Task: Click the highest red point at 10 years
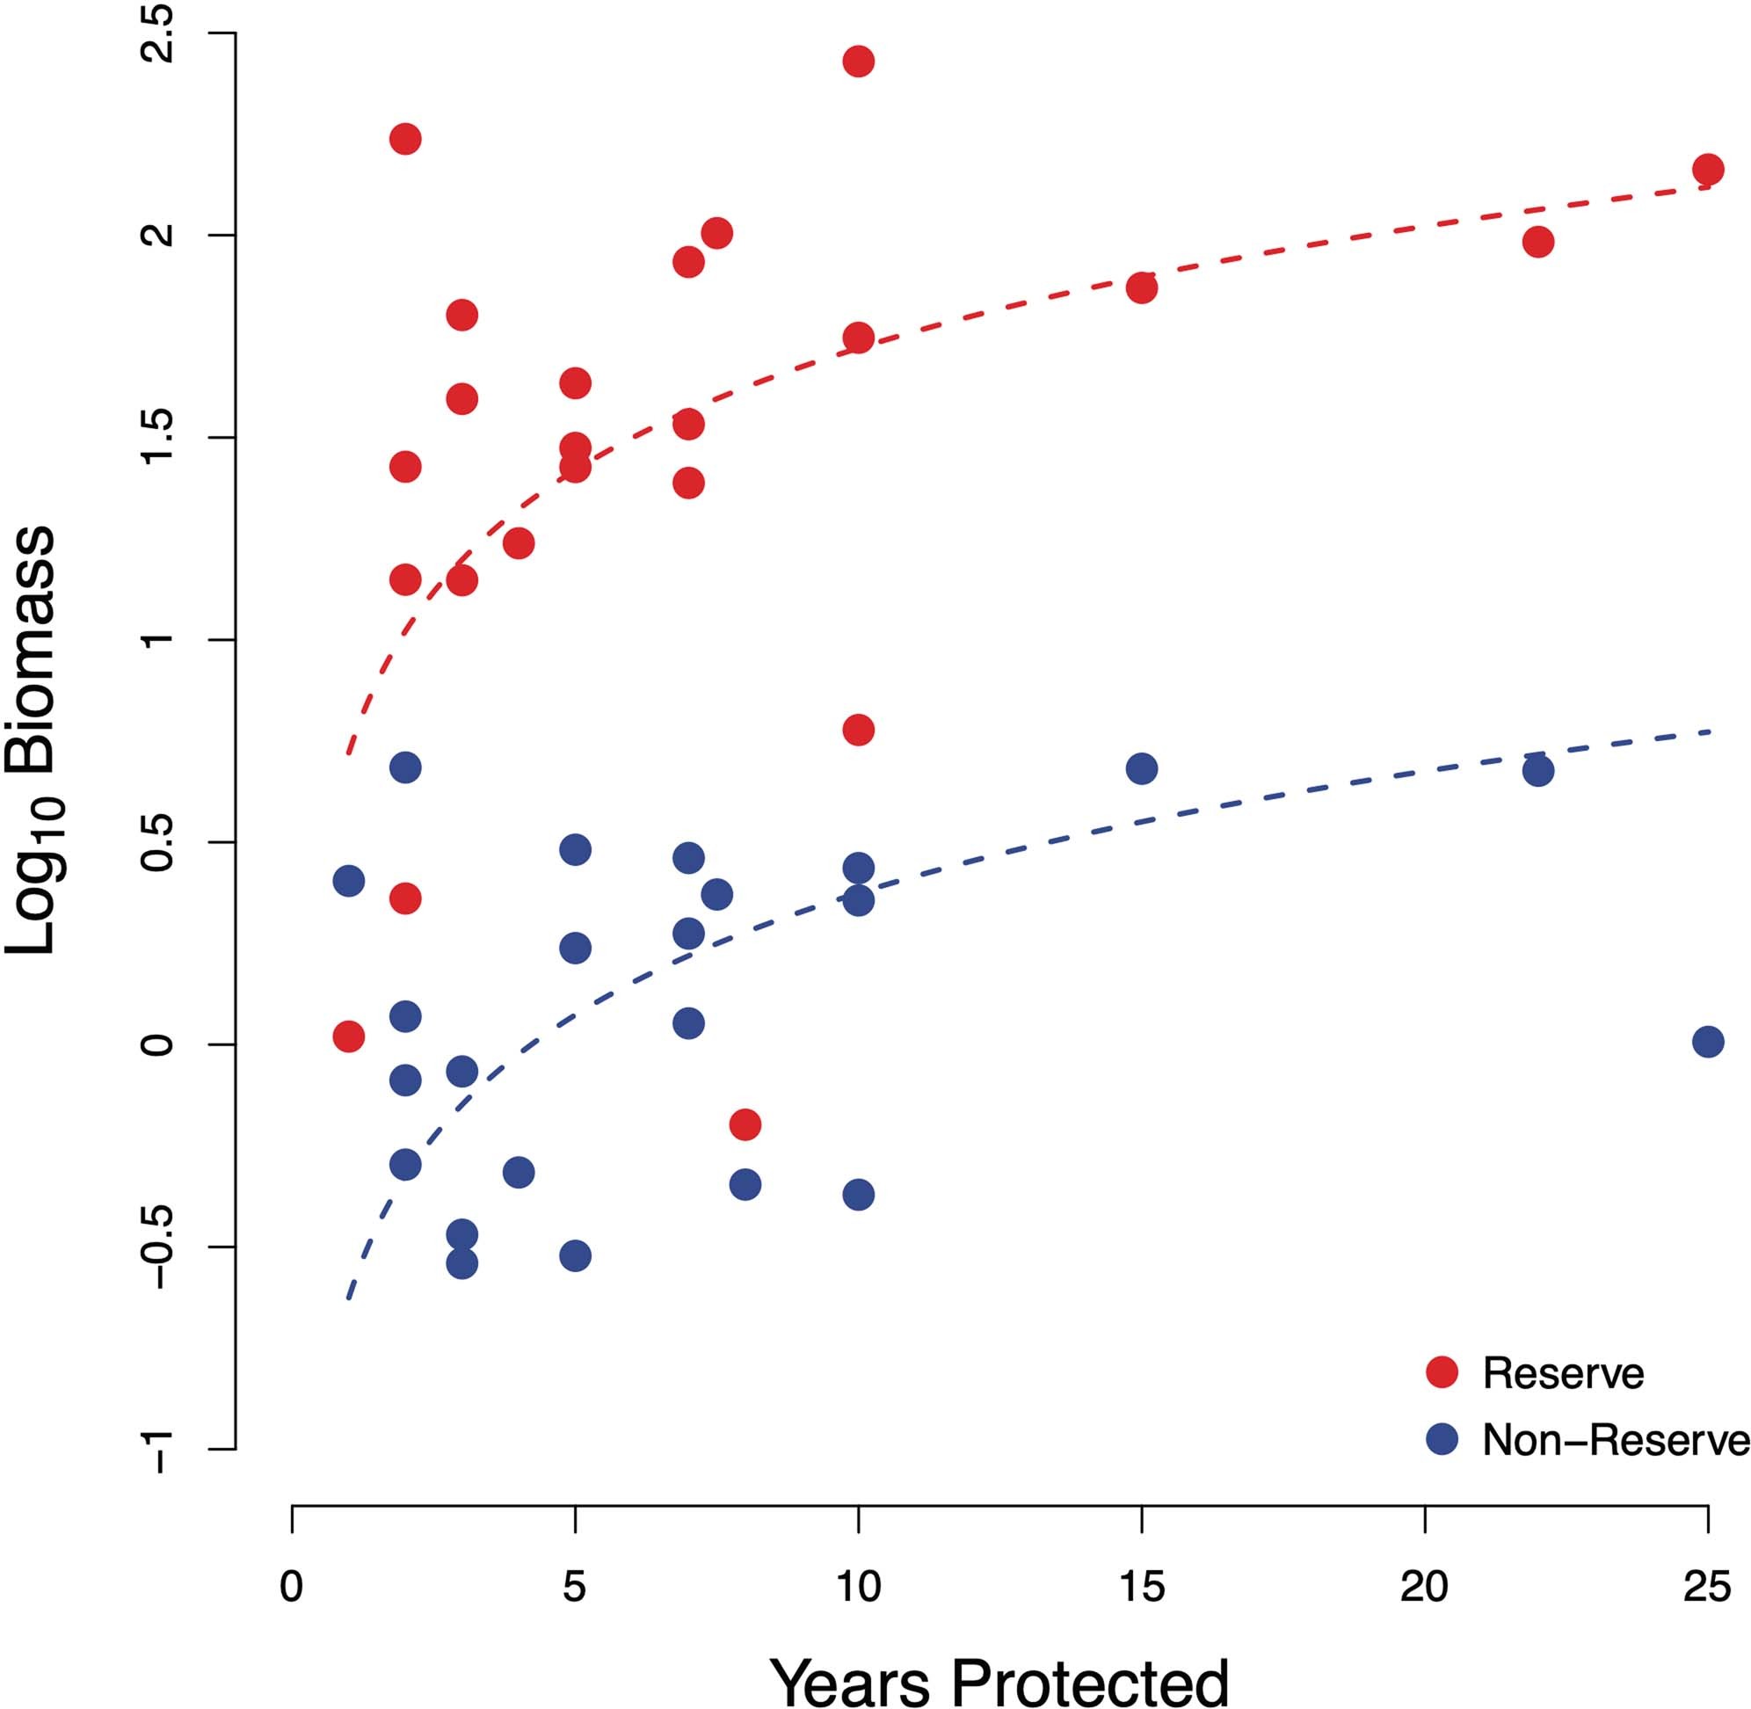[858, 62]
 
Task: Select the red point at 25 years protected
[1707, 169]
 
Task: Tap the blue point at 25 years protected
[1707, 1042]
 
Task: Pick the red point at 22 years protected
[1537, 242]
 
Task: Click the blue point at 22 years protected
[1537, 771]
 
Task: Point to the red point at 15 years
[1141, 288]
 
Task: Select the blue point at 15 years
[1141, 768]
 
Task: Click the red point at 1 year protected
[348, 1036]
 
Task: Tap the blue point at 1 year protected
[348, 881]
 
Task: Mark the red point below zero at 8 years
[745, 1124]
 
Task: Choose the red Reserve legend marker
[1442, 1372]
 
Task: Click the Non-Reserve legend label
[1614, 1440]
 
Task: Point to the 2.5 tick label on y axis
[161, 33]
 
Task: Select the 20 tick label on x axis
[1424, 1588]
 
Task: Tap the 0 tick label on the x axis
[291, 1588]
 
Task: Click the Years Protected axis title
[999, 1680]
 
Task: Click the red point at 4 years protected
[518, 543]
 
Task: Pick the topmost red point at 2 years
[404, 139]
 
